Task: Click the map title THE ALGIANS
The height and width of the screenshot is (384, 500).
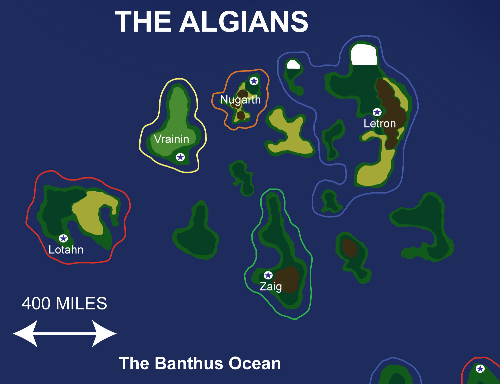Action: (211, 22)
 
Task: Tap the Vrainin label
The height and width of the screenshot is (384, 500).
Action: (171, 139)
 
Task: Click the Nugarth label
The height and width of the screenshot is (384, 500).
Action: (240, 100)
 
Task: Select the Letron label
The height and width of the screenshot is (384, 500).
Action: (380, 124)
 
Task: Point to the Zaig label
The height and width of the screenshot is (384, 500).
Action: (271, 286)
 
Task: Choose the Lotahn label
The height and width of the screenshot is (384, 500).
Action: (66, 250)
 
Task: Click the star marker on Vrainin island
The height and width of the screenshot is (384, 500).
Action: (180, 157)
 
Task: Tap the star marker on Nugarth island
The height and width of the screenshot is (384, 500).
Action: (254, 81)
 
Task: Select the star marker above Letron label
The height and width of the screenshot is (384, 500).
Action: (377, 112)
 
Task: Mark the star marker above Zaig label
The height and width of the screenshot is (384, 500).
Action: (268, 275)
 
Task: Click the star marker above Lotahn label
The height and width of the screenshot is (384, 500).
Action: (63, 238)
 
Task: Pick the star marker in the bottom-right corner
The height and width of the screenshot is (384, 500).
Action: (480, 368)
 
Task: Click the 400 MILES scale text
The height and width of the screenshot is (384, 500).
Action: (64, 303)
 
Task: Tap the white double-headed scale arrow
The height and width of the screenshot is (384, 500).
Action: (65, 333)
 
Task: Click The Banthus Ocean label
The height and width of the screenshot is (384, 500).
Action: (200, 363)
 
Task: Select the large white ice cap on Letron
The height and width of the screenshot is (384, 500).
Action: (364, 55)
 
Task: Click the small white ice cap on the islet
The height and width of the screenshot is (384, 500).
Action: (293, 65)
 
